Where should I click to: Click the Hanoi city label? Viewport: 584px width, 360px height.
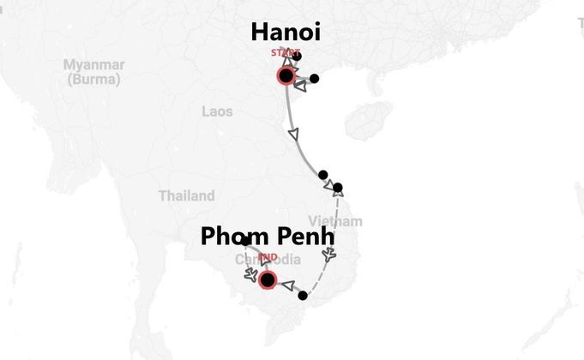[x=286, y=33]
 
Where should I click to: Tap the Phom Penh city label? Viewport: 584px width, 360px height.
[x=267, y=236]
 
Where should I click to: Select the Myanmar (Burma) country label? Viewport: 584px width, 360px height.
[x=93, y=72]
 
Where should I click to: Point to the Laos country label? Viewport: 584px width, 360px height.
[x=217, y=111]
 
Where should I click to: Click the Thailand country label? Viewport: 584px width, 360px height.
[x=186, y=195]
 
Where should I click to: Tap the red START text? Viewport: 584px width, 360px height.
[x=285, y=53]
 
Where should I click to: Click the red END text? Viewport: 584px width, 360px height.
[x=268, y=257]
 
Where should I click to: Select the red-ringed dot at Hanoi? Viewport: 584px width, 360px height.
[x=286, y=76]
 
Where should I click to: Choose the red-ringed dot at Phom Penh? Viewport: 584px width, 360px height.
[x=268, y=279]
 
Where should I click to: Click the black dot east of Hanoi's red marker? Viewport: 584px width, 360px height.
[x=314, y=79]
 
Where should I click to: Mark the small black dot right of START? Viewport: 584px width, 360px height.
[x=298, y=57]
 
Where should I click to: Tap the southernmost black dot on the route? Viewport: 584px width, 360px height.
[x=302, y=296]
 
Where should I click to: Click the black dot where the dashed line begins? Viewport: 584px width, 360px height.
[x=338, y=188]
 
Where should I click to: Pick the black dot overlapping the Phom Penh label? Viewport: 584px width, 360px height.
[x=245, y=242]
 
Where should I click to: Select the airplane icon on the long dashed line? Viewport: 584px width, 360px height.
[x=330, y=255]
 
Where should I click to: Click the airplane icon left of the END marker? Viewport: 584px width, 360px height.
[x=250, y=275]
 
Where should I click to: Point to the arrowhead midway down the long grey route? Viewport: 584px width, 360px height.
[x=296, y=135]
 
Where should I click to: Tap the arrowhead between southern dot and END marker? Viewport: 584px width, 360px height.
[x=287, y=286]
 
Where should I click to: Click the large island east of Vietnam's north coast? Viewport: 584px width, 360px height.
[x=369, y=120]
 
